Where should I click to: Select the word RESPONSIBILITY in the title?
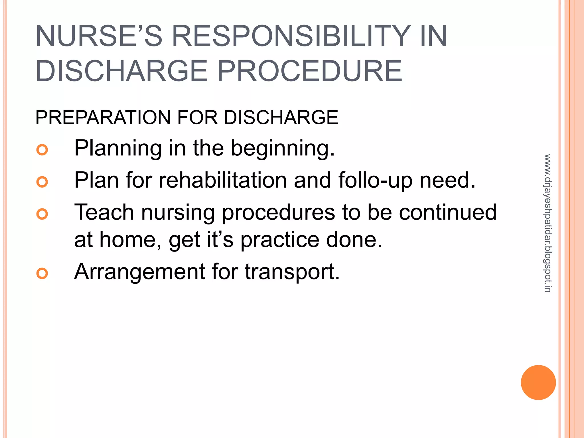[291, 36]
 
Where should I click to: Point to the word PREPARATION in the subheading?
[103, 117]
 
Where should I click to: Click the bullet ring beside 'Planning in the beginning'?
[42, 150]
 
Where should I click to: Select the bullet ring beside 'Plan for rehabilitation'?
[42, 182]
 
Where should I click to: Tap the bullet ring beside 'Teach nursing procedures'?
[42, 214]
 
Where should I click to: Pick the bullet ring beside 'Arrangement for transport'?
[42, 273]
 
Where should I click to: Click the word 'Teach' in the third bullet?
[104, 212]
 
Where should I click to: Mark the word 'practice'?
[280, 240]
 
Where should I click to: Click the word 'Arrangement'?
[140, 272]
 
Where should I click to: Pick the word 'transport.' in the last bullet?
[292, 272]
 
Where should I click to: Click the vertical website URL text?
[548, 223]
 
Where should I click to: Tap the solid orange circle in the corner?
[538, 382]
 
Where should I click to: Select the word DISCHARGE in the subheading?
[281, 117]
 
